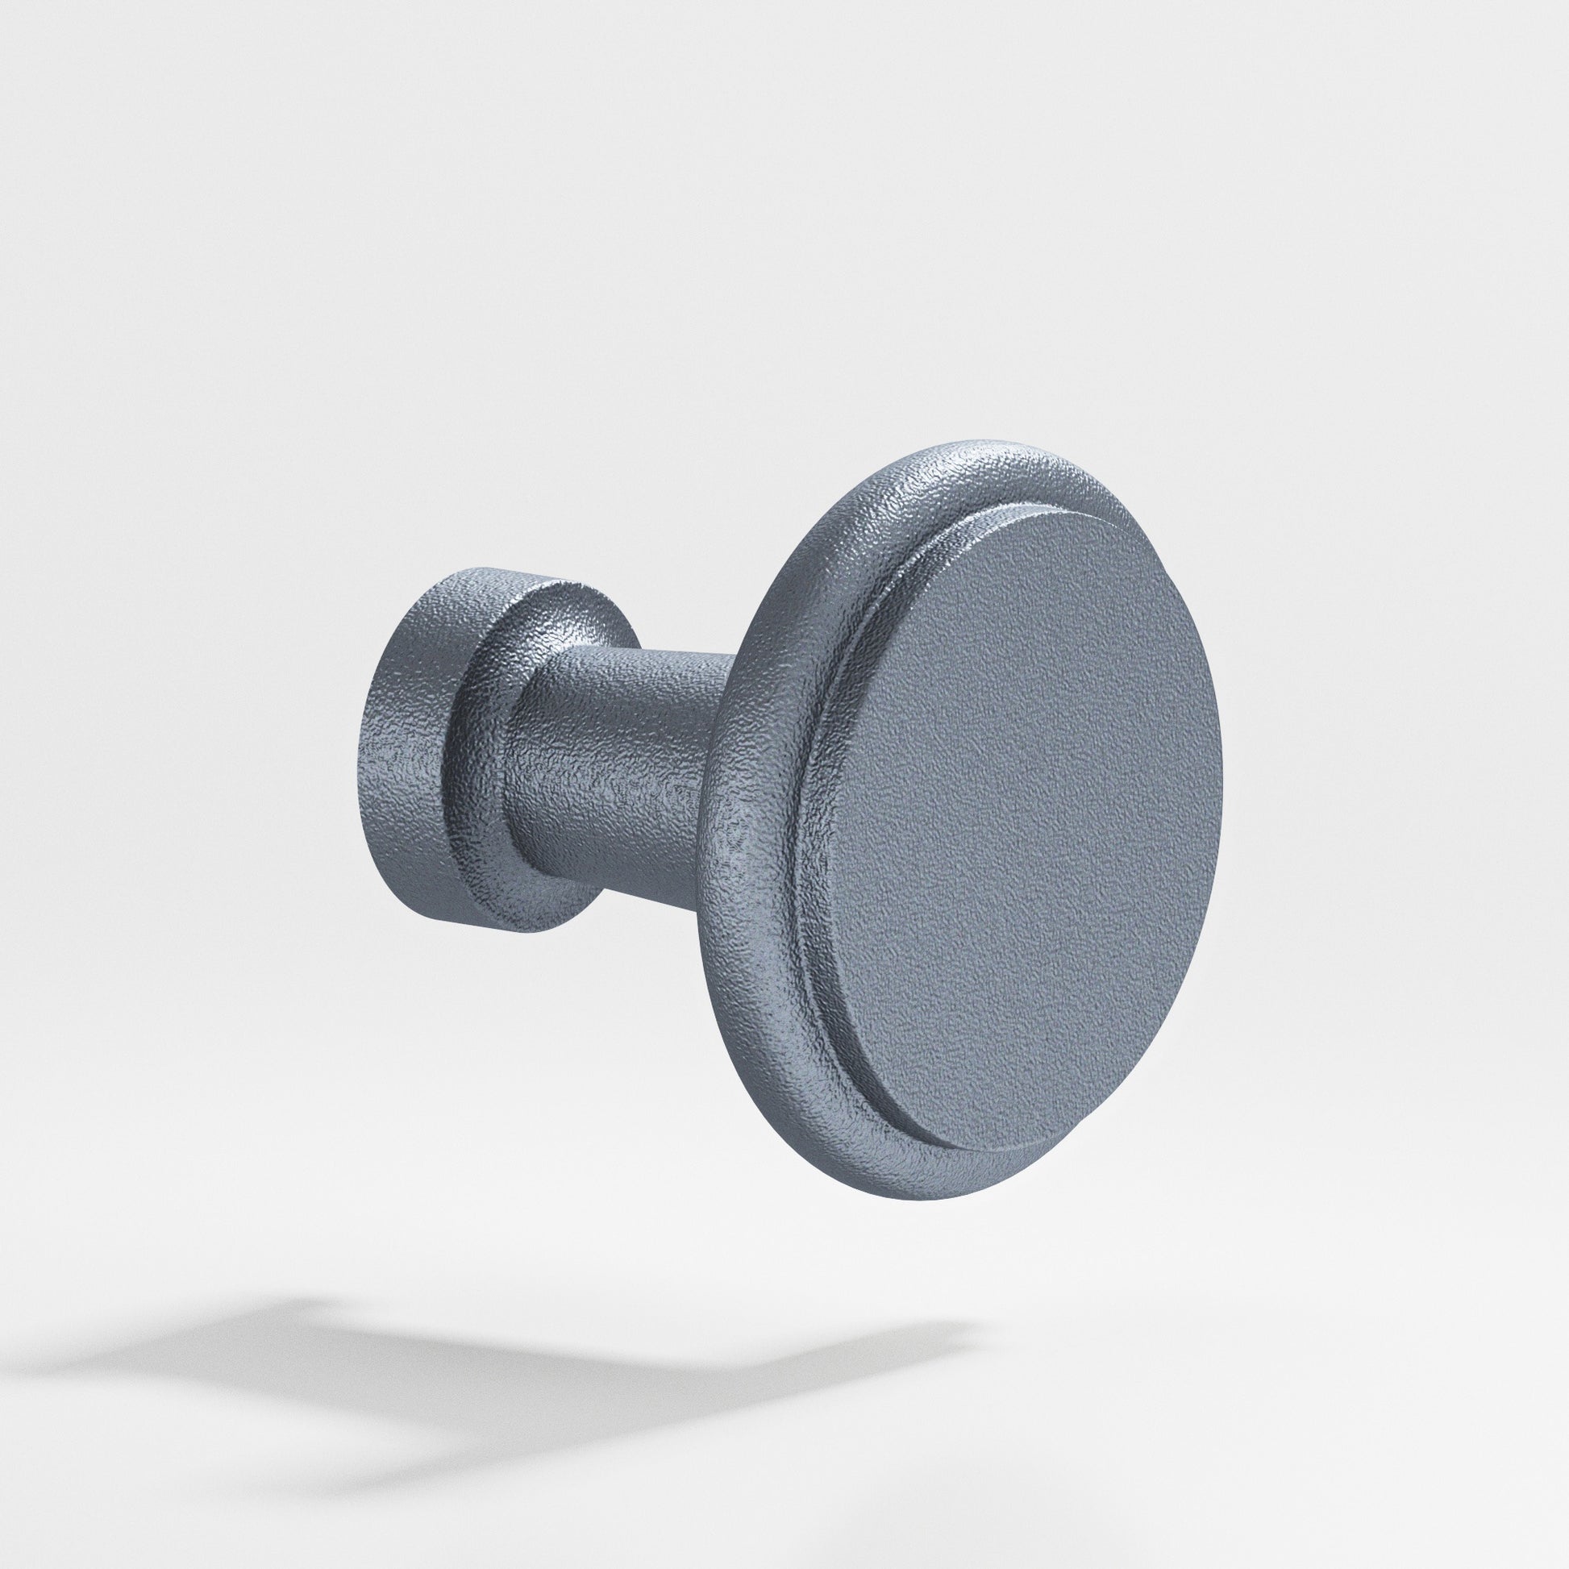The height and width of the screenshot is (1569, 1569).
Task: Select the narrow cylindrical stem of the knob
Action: (626, 764)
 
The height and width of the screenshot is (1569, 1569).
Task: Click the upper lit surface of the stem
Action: (642, 662)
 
